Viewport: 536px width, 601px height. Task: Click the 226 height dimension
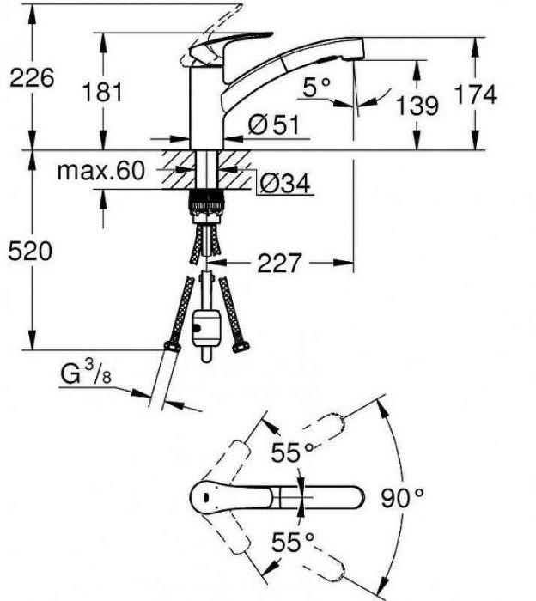[x=32, y=78]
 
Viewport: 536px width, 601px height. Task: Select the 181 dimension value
[x=102, y=92]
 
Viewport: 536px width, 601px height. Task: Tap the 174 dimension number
[x=475, y=94]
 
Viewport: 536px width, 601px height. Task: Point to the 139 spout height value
[x=417, y=106]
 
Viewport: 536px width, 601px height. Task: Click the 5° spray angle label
[x=316, y=88]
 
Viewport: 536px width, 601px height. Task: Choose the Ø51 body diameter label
[x=273, y=124]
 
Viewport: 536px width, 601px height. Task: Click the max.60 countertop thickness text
[x=101, y=171]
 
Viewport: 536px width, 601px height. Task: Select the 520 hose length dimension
[x=30, y=252]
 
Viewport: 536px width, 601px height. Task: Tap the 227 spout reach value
[x=279, y=263]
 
